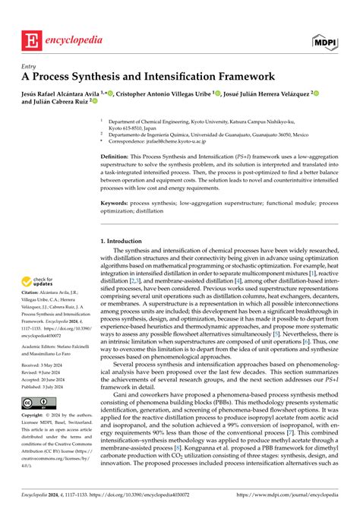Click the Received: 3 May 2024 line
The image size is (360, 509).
pyautogui.click(x=45, y=386)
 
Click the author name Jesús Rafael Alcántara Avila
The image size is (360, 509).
pyautogui.click(x=63, y=92)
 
